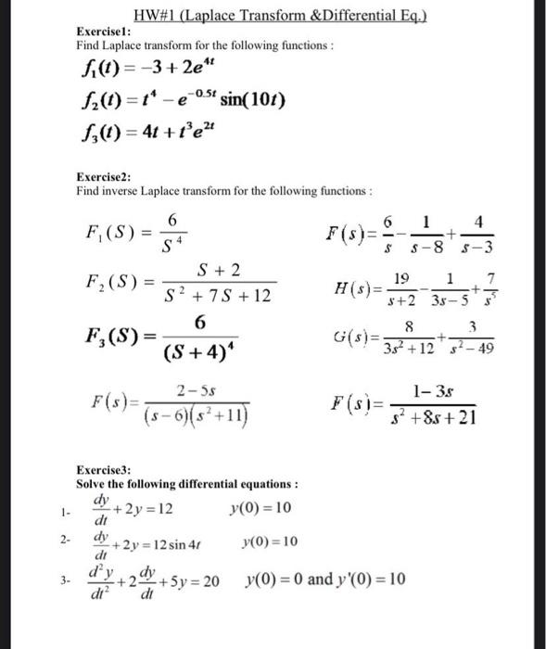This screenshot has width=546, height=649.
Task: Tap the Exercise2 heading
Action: point(103,177)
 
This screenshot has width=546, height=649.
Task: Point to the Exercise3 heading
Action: point(103,469)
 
